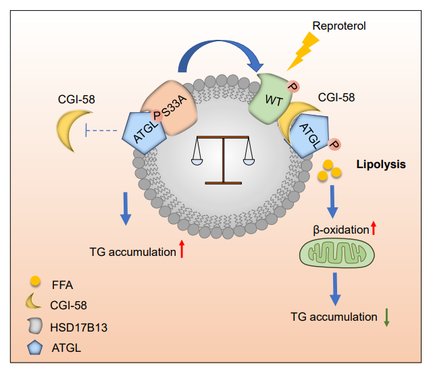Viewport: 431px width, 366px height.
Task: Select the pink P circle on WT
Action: click(x=293, y=86)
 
